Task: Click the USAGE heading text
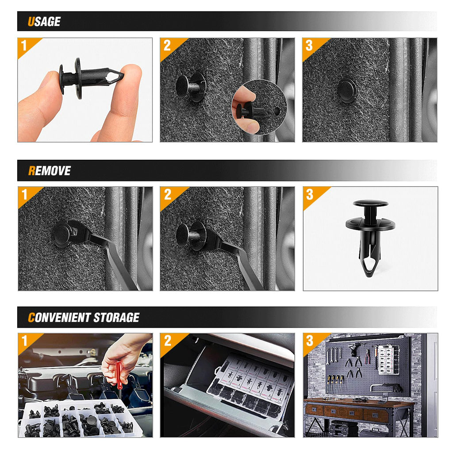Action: tap(44, 22)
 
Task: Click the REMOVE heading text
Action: tap(49, 171)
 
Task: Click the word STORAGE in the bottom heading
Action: tap(116, 318)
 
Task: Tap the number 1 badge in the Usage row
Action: tap(25, 45)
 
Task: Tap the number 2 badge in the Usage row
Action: tap(167, 45)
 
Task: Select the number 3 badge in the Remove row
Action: tap(310, 194)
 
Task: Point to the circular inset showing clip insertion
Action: tap(259, 107)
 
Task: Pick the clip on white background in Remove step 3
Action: tap(370, 237)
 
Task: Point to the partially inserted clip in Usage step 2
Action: tap(190, 87)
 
